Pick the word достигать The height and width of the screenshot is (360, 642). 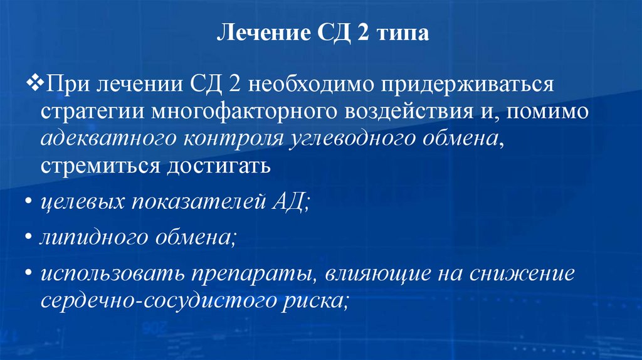click(x=218, y=167)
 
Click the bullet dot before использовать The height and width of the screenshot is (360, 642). click(x=31, y=276)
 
